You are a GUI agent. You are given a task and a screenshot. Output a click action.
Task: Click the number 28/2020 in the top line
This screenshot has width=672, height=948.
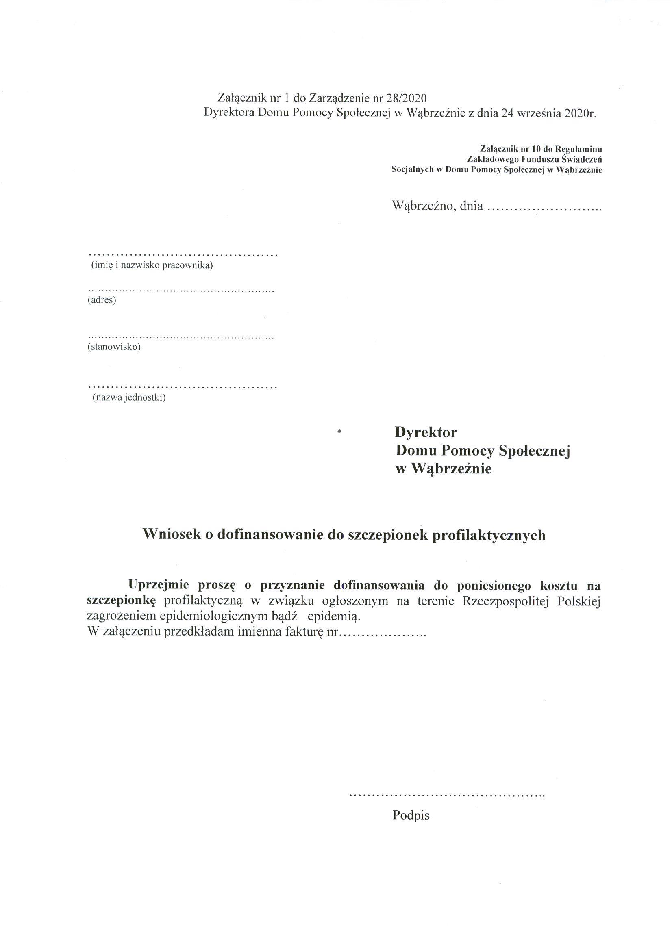(405, 98)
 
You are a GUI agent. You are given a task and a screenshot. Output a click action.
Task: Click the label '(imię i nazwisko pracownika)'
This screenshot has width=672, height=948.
(152, 265)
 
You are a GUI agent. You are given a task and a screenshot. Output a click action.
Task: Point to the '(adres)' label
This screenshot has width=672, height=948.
(102, 300)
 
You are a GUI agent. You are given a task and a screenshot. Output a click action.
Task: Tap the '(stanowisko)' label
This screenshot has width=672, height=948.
(114, 347)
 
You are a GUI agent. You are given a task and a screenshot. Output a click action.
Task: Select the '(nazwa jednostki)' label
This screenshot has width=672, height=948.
(129, 398)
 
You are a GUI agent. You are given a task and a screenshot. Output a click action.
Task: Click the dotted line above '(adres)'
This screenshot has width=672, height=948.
(181, 291)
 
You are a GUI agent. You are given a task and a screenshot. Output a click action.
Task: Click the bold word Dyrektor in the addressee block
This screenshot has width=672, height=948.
(426, 433)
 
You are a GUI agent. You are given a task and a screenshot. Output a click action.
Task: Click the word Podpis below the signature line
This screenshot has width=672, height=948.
(411, 815)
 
